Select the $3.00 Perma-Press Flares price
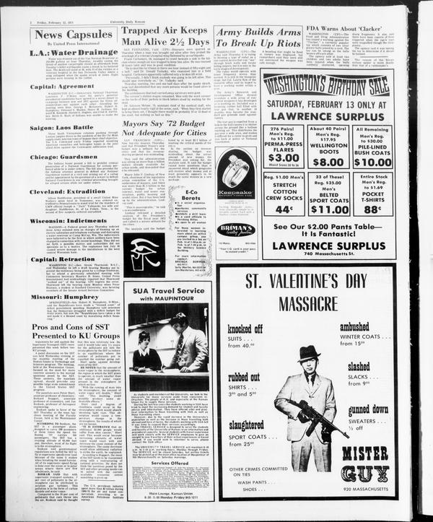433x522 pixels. click(x=284, y=157)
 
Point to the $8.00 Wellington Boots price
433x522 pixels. click(x=328, y=162)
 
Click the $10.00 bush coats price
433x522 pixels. click(x=372, y=162)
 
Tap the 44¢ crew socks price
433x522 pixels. click(x=284, y=209)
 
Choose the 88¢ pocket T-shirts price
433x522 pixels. click(x=372, y=209)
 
